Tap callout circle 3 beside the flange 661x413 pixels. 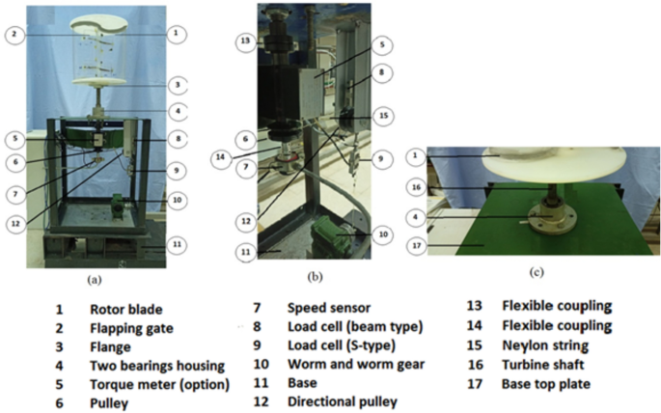[177, 86]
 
